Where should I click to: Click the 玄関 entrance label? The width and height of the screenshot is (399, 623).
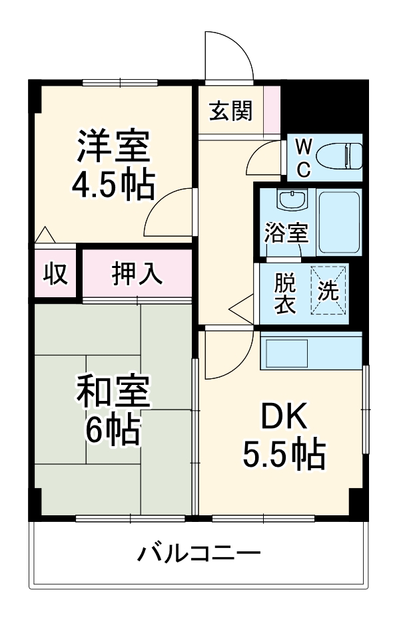coord(231,111)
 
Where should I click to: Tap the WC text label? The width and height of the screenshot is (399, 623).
coord(303,158)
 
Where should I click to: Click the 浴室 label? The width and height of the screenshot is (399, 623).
coord(286,233)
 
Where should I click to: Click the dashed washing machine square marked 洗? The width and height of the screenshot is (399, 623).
coord(328,291)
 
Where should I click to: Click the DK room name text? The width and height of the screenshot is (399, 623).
coord(283,418)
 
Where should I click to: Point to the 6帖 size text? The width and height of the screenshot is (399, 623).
coord(113,430)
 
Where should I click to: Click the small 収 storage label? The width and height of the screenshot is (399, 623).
coord(56,273)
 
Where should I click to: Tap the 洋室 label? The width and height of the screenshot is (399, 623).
coord(113,148)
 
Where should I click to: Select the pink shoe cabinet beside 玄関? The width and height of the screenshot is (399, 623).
coord(272,110)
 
